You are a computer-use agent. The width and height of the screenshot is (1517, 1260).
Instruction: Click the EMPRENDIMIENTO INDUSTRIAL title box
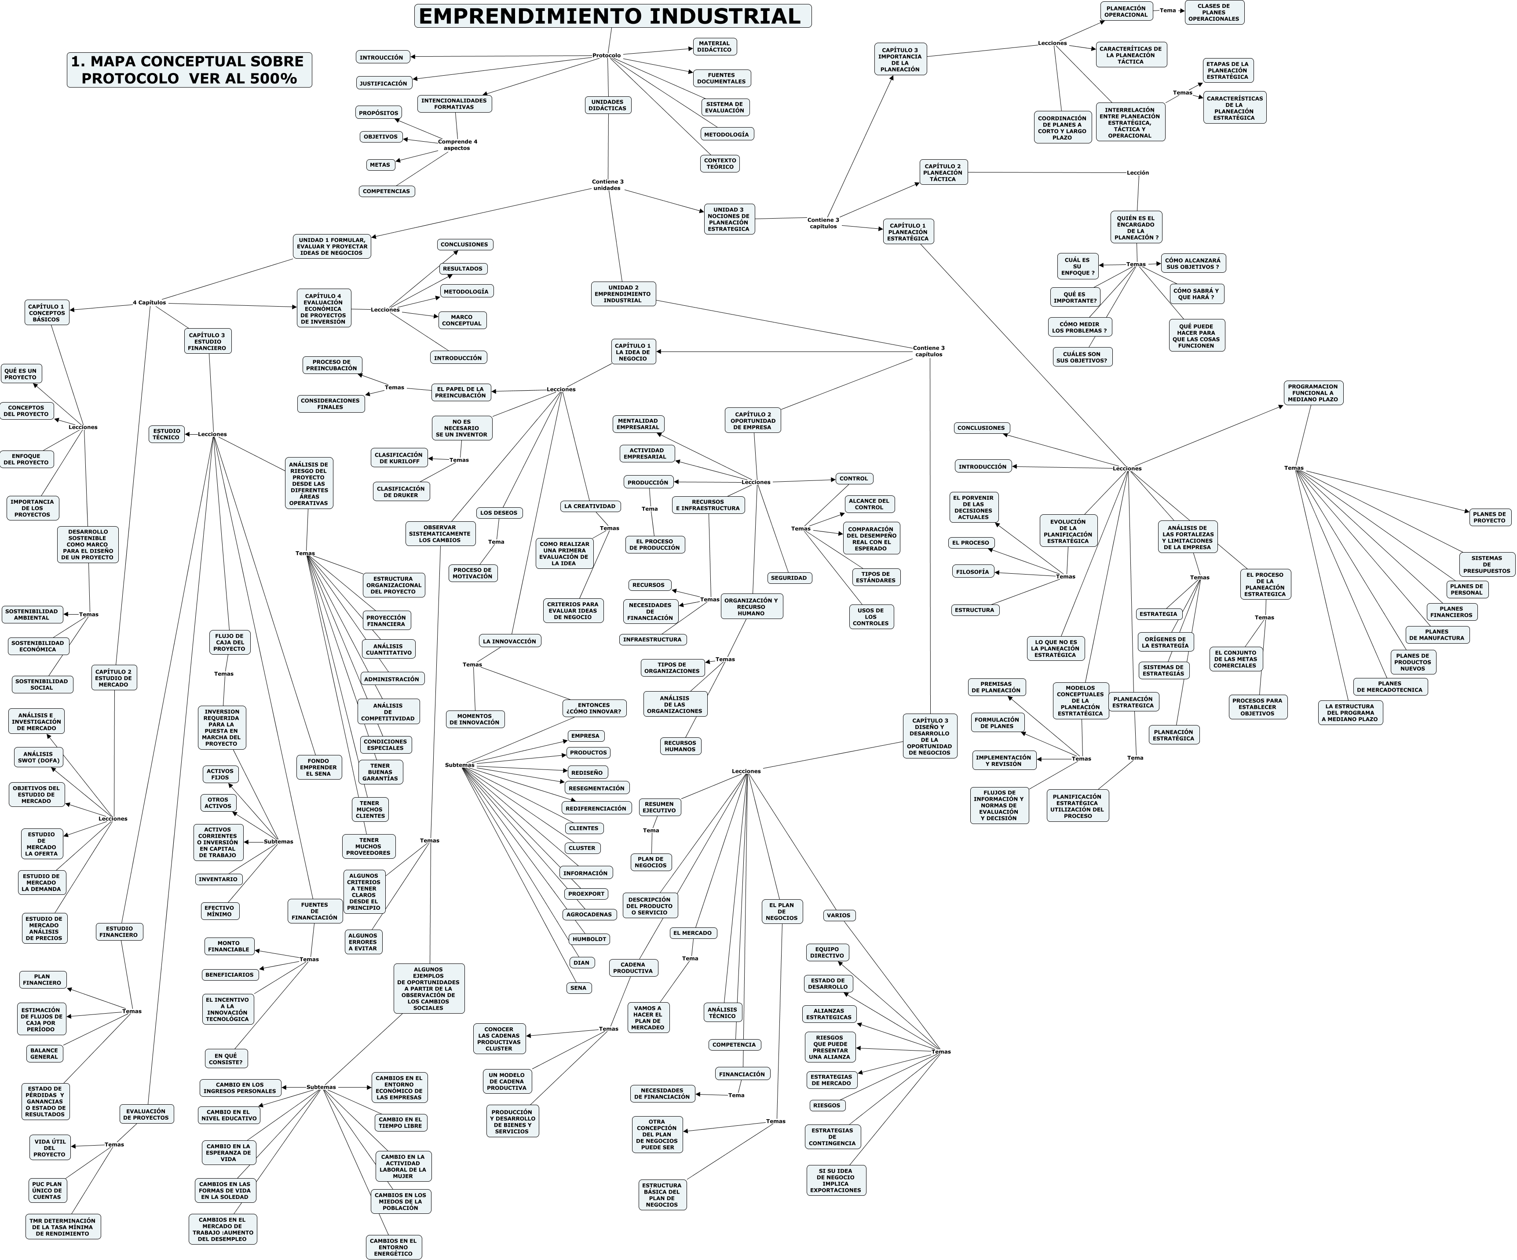tap(613, 16)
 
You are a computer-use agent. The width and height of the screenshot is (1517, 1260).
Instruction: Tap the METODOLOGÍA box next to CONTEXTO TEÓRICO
tap(726, 134)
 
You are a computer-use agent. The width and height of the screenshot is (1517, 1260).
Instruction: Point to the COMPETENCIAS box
tap(387, 191)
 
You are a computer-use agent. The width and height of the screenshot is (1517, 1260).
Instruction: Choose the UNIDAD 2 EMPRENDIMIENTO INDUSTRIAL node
tap(623, 294)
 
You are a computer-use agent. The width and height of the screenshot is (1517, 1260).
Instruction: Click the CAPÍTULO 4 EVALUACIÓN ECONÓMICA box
tap(324, 308)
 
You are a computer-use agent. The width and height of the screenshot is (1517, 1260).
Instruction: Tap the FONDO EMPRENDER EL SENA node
tap(318, 767)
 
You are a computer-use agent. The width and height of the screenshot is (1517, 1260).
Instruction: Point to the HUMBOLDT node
tap(589, 939)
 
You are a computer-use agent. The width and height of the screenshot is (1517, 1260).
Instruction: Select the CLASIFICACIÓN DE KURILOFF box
tap(399, 458)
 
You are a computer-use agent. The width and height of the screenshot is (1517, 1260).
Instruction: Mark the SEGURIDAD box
tap(789, 578)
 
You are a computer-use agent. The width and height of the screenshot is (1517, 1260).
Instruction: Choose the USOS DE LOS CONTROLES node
tap(870, 617)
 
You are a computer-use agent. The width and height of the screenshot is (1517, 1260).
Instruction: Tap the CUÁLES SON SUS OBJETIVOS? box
tap(1082, 357)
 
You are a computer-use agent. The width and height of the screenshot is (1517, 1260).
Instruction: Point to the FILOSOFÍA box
tap(972, 572)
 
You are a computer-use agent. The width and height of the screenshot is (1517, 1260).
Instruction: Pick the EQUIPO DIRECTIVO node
tap(827, 952)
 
